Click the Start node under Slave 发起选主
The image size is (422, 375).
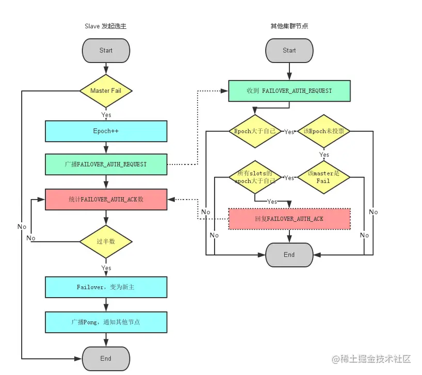[x=106, y=51]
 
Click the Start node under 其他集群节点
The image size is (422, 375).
[x=289, y=51]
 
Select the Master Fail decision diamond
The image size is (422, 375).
[x=106, y=91]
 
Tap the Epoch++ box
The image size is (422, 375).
[x=106, y=131]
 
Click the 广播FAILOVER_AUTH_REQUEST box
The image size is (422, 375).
[x=106, y=164]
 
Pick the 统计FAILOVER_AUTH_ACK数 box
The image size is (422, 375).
[x=106, y=199]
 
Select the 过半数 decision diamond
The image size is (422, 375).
[x=106, y=241]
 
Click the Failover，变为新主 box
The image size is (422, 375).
[x=106, y=287]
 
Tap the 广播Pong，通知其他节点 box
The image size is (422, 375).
[x=106, y=322]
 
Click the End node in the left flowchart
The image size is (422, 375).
[x=106, y=358]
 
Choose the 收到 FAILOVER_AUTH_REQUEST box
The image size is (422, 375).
[x=289, y=91]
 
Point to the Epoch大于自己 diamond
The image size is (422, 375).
[x=255, y=132]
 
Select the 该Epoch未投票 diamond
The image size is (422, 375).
[x=323, y=132]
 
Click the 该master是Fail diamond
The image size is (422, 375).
[x=323, y=178]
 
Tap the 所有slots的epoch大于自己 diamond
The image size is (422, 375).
[x=255, y=178]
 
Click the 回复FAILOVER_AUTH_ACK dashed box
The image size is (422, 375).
[x=289, y=219]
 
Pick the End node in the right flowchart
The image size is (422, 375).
[x=289, y=255]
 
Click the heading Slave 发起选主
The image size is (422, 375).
[x=105, y=26]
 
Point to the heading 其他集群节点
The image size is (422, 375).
[x=289, y=26]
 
